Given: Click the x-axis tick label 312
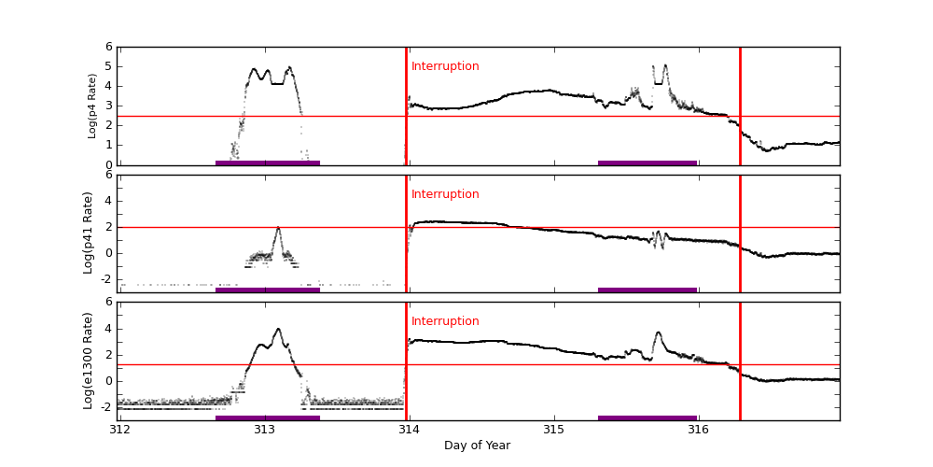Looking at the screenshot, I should pos(119,430).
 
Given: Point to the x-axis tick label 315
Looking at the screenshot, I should pos(554,430).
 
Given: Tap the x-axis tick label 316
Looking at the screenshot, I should pos(698,430).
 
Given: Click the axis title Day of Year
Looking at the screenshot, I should pos(477,446).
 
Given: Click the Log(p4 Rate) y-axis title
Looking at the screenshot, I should pos(92,106).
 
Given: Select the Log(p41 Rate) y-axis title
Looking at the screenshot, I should pos(89,233).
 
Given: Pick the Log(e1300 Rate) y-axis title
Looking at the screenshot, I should pos(89,361).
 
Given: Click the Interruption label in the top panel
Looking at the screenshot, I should pos(445,66).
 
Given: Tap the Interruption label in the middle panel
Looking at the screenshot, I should pos(445,194).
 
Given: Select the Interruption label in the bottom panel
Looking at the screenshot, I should pos(445,321).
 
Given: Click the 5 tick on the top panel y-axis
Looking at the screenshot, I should pos(109,66).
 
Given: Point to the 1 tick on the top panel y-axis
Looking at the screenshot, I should pos(109,145).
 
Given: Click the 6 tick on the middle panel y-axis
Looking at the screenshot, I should pos(109,175).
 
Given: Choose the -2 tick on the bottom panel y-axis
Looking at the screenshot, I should pos(106,406).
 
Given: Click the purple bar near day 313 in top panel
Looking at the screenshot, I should pos(268,163).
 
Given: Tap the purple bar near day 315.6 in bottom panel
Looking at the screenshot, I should pos(648,417).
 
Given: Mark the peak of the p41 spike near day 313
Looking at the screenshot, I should pos(278,227).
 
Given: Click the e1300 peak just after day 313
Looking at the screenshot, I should pos(278,329).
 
